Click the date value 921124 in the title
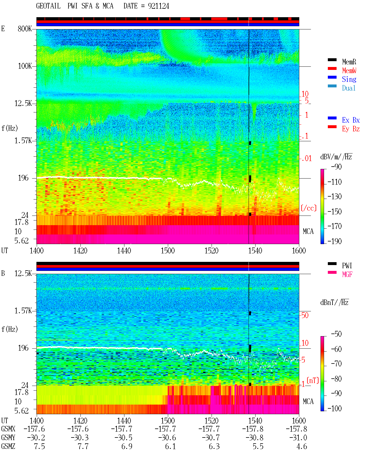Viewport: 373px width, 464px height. [x=158, y=6]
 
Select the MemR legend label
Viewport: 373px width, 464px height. [x=349, y=62]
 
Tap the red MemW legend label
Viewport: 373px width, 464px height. [x=349, y=70]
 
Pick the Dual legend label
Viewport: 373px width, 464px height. [x=349, y=88]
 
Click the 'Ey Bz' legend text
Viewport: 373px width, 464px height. [x=351, y=129]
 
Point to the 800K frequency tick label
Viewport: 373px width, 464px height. [x=25, y=29]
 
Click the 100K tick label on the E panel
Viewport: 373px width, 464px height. [x=25, y=66]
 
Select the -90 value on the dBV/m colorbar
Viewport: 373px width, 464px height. [x=336, y=167]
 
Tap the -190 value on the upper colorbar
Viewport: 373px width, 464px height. [x=335, y=241]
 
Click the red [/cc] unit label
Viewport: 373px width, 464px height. [x=309, y=208]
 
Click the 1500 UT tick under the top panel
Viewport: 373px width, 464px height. [x=168, y=251]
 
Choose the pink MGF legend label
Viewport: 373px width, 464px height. [x=347, y=274]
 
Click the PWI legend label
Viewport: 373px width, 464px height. [x=347, y=265]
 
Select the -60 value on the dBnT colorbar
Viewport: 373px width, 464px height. [x=336, y=349]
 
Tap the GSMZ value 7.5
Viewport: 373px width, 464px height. [x=39, y=446]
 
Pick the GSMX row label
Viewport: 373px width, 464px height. [x=8, y=429]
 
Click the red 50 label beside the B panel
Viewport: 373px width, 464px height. [x=305, y=315]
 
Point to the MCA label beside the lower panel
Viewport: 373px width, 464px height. [x=308, y=401]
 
